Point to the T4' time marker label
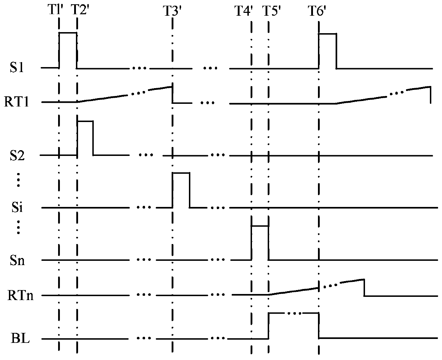tap(244, 11)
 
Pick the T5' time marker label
tap(272, 11)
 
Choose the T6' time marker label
tap(317, 11)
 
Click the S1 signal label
tap(17, 68)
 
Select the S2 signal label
tap(17, 156)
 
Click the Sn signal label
tap(17, 260)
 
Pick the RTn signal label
tap(21, 295)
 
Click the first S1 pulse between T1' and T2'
tap(68, 33)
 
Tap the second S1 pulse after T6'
tap(327, 34)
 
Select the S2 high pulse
tap(85, 122)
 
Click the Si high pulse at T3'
tap(181, 173)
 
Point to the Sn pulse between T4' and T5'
tap(260, 226)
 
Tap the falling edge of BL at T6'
tap(318, 325)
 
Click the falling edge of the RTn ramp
tap(364, 288)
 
